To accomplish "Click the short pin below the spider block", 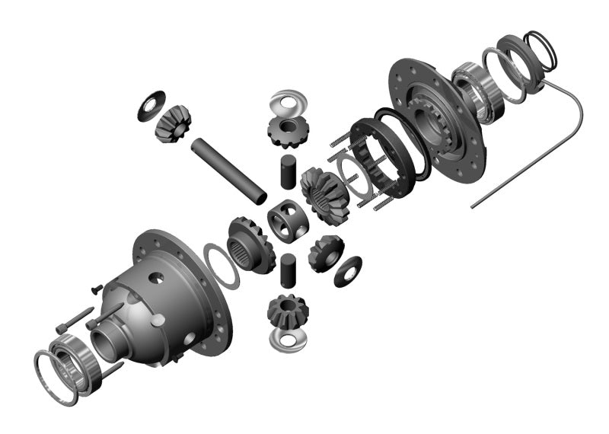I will [x=287, y=268].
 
